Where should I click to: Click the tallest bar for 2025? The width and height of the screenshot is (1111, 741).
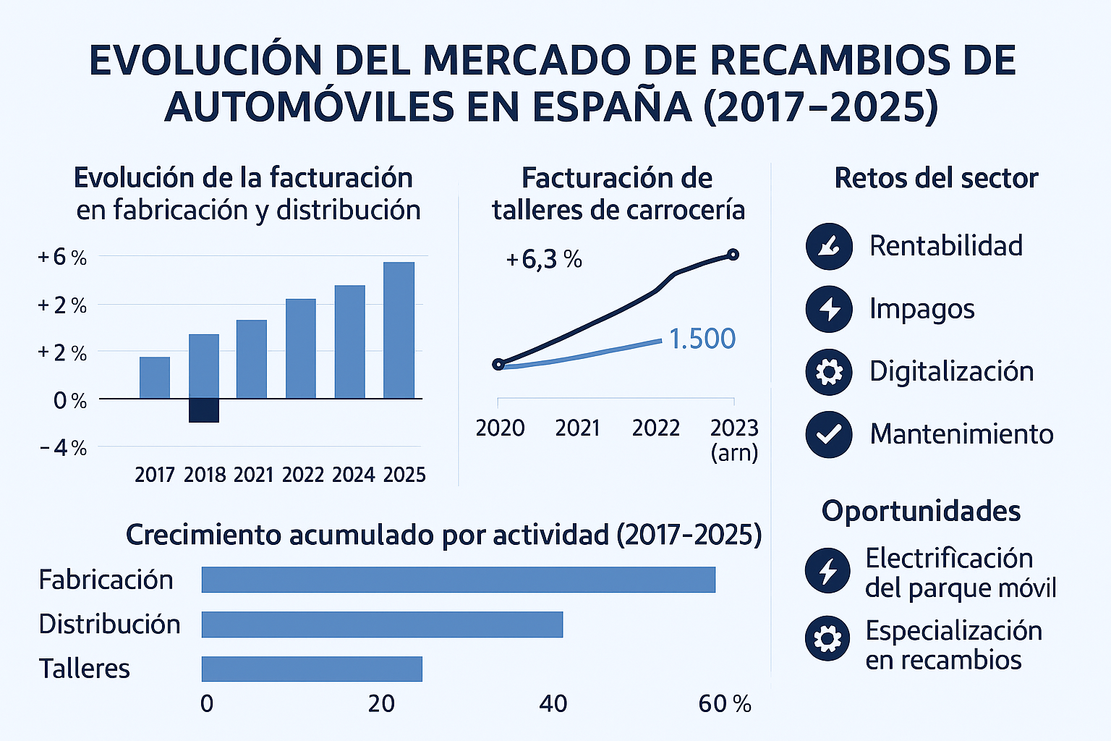(399, 330)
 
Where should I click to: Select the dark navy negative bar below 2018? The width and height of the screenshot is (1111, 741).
(204, 410)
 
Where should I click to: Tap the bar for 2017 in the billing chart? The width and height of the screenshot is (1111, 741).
(155, 378)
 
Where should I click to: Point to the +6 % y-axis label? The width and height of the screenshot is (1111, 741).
(62, 257)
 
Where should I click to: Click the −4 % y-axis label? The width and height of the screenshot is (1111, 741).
(64, 448)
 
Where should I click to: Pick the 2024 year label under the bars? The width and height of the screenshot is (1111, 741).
(353, 475)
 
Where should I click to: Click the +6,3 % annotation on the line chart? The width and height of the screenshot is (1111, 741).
(544, 259)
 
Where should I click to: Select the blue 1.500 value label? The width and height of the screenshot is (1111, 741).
(702, 339)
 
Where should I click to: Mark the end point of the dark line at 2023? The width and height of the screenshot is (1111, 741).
(733, 254)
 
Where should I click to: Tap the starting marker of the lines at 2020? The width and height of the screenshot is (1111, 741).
(498, 364)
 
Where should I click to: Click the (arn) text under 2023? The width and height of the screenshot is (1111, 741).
(734, 454)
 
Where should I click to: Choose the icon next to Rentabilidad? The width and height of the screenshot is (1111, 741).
(829, 247)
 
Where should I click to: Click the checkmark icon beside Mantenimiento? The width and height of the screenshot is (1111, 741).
(829, 434)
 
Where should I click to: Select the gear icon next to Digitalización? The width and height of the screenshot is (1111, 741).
(829, 371)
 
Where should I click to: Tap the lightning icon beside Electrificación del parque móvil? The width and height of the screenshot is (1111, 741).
(827, 571)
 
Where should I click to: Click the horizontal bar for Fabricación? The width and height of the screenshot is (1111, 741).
(458, 580)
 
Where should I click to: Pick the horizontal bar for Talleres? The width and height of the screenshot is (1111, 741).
(312, 669)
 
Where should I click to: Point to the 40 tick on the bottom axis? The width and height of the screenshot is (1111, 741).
(553, 703)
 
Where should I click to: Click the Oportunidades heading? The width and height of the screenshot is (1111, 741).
(921, 511)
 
